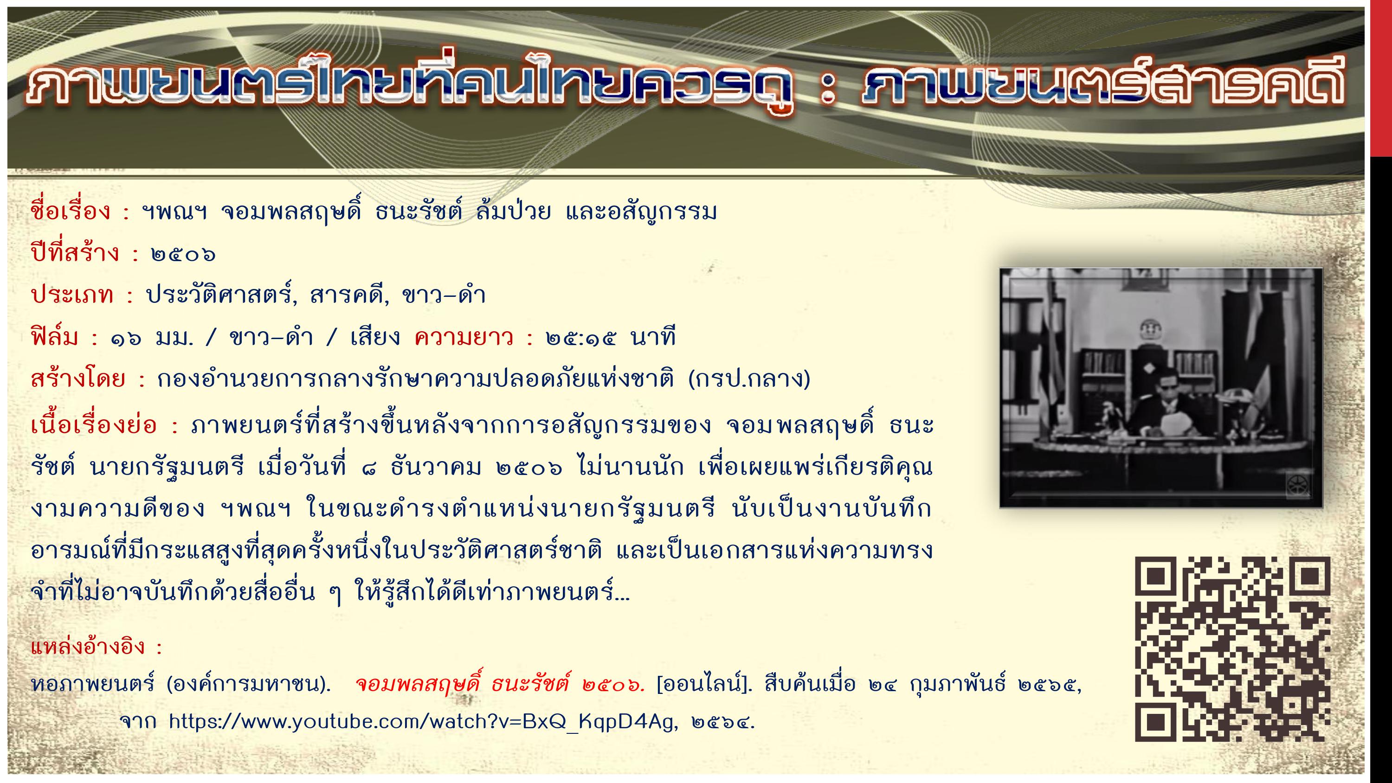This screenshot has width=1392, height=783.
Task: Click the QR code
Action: click(x=1232, y=648)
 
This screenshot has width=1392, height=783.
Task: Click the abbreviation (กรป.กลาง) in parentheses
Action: click(x=749, y=379)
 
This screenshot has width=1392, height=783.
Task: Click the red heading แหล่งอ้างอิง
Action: click(x=88, y=646)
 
